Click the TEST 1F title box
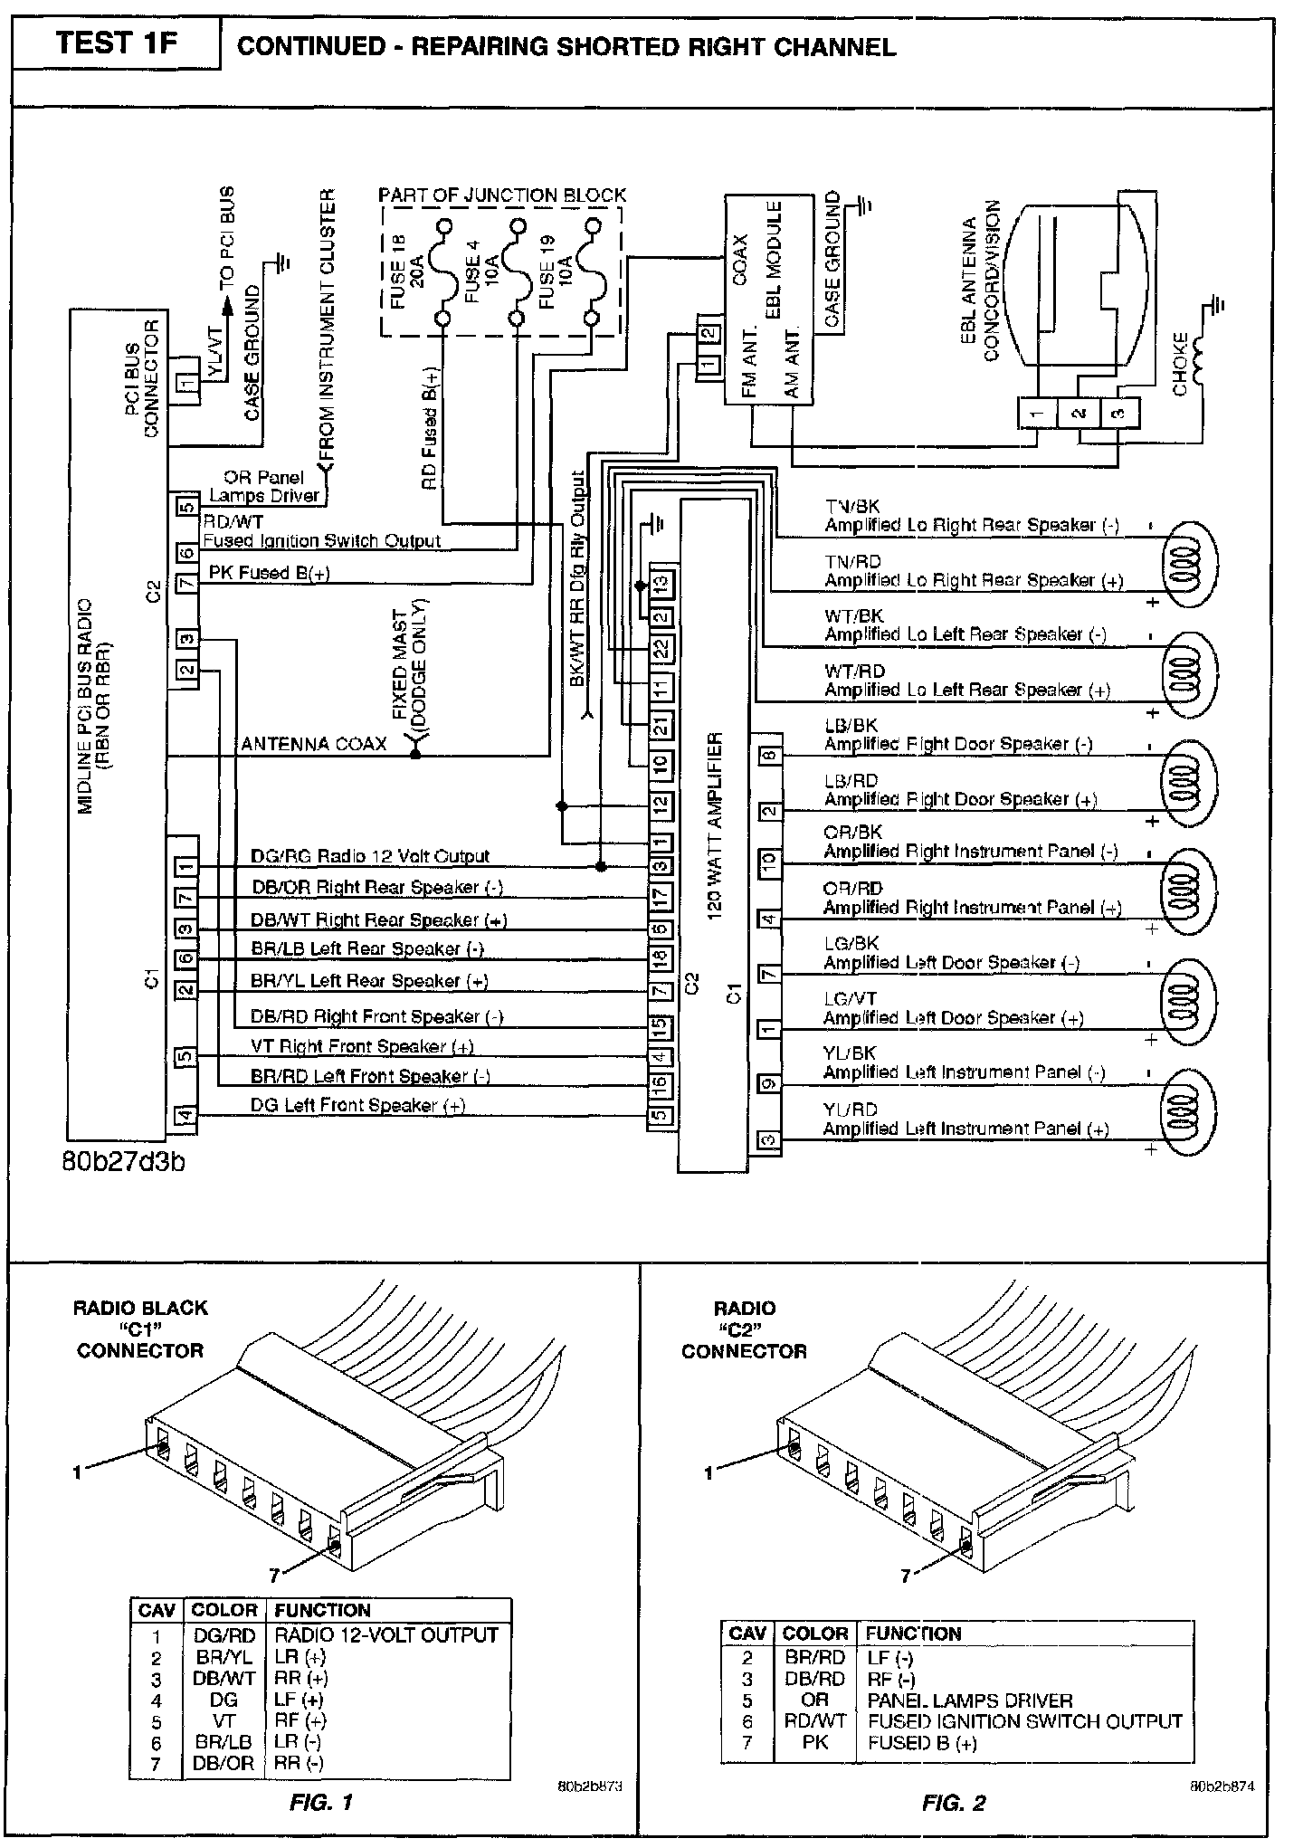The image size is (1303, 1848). pyautogui.click(x=117, y=44)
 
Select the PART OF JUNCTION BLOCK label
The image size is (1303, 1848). pyautogui.click(x=502, y=195)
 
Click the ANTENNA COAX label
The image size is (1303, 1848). pyautogui.click(x=313, y=744)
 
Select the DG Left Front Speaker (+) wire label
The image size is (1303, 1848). pyautogui.click(x=357, y=1105)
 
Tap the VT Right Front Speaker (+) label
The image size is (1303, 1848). pyautogui.click(x=362, y=1046)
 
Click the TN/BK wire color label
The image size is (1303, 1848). pyautogui.click(x=851, y=507)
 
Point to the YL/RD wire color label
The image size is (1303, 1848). pyautogui.click(x=850, y=1110)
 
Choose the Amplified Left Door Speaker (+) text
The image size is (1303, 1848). pyautogui.click(x=953, y=1018)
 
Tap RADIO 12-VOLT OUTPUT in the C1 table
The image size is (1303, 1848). pyautogui.click(x=386, y=1635)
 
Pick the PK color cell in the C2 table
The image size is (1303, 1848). pyautogui.click(x=814, y=1742)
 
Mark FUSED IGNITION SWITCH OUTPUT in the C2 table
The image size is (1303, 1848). pyautogui.click(x=1024, y=1721)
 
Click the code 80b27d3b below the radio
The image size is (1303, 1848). pyautogui.click(x=124, y=1161)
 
